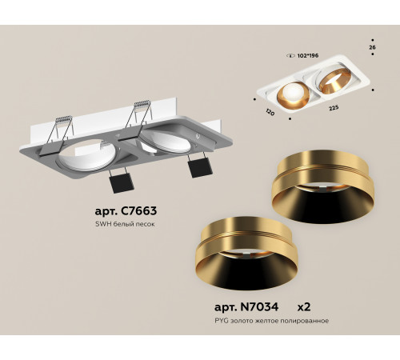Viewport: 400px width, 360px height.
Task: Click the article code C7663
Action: (126, 211)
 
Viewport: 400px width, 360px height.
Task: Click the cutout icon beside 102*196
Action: (290, 56)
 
